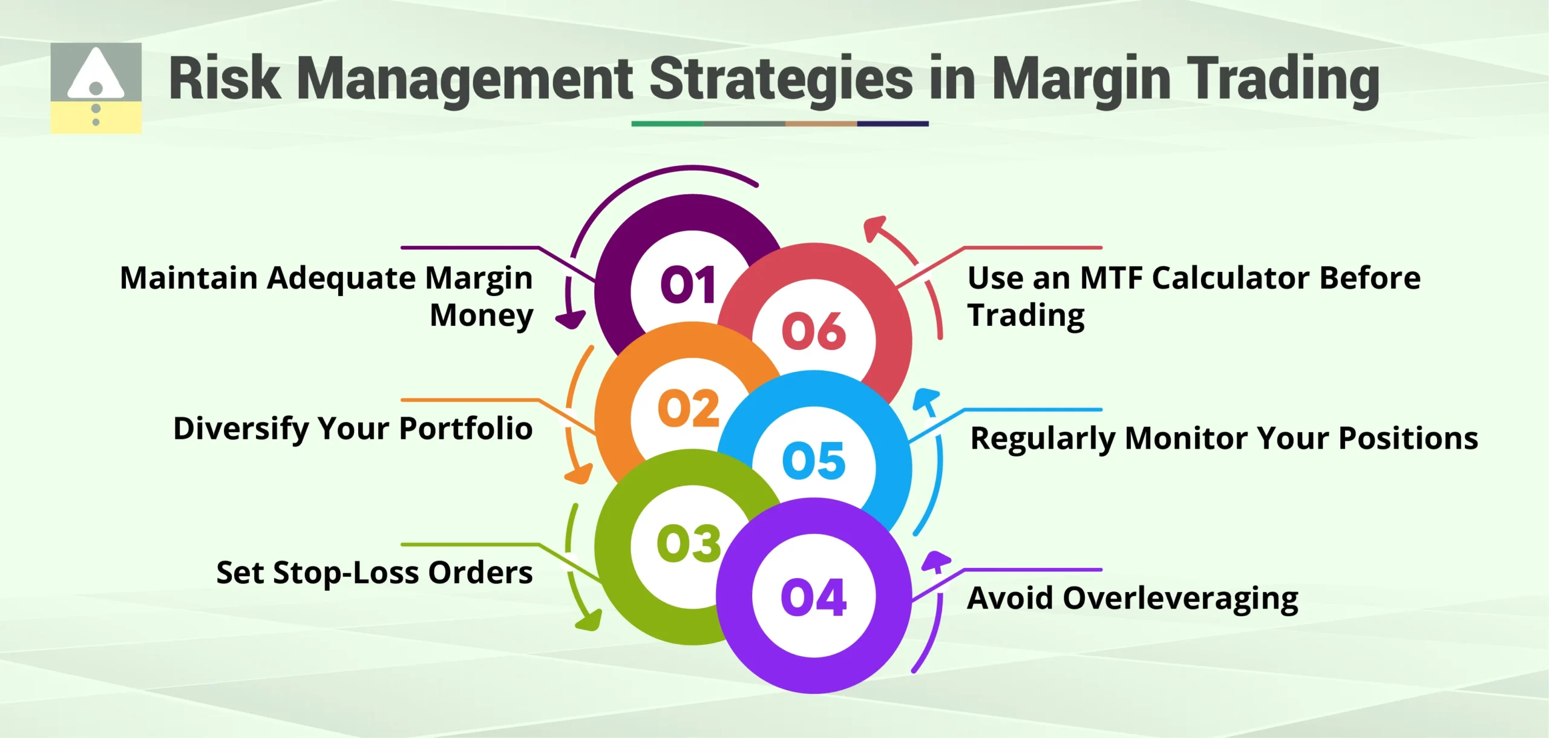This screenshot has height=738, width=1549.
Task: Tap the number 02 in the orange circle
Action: (x=688, y=409)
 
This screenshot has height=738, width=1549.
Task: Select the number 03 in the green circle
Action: (x=689, y=543)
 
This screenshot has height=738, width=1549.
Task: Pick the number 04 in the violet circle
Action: (x=813, y=598)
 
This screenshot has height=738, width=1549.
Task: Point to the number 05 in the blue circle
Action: (x=813, y=461)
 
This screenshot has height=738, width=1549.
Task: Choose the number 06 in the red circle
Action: (x=813, y=331)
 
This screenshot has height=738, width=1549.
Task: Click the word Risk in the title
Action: (x=224, y=79)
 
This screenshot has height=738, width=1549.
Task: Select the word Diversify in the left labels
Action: (x=241, y=429)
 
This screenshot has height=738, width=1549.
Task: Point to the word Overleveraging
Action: (x=1180, y=598)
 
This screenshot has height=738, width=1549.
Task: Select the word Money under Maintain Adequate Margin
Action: (x=481, y=315)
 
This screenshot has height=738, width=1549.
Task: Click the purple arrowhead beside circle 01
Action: (x=570, y=319)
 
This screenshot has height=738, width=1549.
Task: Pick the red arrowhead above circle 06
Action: (x=874, y=228)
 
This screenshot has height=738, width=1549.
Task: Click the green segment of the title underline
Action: (x=667, y=124)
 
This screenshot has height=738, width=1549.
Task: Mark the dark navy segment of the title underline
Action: (x=892, y=124)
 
